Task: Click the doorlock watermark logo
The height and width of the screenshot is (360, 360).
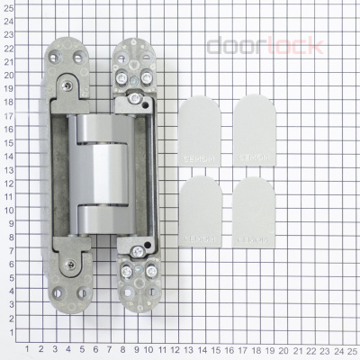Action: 265,45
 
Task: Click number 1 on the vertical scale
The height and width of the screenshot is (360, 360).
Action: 8,333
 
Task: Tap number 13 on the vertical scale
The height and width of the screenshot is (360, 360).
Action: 8,171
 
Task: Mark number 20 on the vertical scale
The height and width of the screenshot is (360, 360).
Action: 8,76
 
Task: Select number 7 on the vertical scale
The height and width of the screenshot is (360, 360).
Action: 8,252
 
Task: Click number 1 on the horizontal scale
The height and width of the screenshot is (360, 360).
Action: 27,348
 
